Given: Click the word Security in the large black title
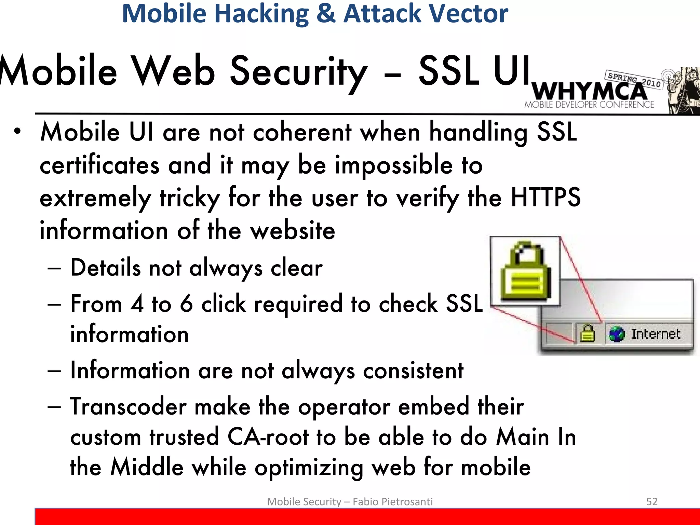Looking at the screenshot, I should pyautogui.click(x=298, y=72).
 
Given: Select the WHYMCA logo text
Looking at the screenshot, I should pyautogui.click(x=589, y=91).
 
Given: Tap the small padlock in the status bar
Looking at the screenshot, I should pyautogui.click(x=588, y=334).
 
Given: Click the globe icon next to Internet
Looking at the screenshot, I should pyautogui.click(x=617, y=334).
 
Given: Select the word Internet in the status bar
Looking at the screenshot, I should pyautogui.click(x=656, y=334).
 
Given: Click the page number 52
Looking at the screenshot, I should pyautogui.click(x=651, y=501).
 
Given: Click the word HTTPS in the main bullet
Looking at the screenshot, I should pyautogui.click(x=546, y=198).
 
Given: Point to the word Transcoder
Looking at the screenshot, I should pyautogui.click(x=128, y=407).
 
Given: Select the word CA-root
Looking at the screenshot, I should pyautogui.click(x=268, y=437).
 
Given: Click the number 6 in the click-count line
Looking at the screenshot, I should pyautogui.click(x=186, y=304).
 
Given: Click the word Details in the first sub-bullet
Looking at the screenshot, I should pyautogui.click(x=105, y=268).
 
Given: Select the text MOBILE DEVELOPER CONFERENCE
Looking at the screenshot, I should pyautogui.click(x=589, y=105).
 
